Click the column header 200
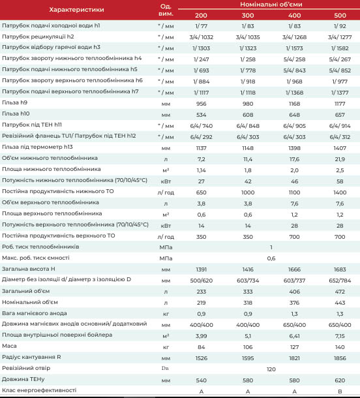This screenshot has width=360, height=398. [201, 15]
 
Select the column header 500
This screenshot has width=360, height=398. [340, 15]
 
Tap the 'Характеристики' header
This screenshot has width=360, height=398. [76, 10]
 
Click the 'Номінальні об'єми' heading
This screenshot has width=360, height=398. [271, 5]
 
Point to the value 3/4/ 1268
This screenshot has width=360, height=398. [294, 37]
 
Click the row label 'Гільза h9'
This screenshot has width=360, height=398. [14, 102]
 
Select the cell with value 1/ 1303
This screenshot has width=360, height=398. [201, 48]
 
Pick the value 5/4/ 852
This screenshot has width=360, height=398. [340, 70]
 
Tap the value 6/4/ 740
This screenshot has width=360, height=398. [201, 126]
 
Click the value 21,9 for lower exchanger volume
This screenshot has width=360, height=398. [340, 159]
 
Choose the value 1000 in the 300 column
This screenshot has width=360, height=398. [248, 192]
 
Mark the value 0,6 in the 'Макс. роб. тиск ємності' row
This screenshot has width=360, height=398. [271, 258]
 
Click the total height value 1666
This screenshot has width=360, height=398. [294, 269]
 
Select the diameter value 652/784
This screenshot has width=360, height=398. [340, 281]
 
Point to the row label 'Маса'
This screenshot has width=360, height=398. [9, 346]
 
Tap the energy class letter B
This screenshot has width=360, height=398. [340, 391]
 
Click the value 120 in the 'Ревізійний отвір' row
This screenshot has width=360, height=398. [271, 369]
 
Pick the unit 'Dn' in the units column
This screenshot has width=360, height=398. [165, 368]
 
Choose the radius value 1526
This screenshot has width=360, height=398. [201, 358]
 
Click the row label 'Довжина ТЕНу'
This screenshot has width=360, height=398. [23, 379]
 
